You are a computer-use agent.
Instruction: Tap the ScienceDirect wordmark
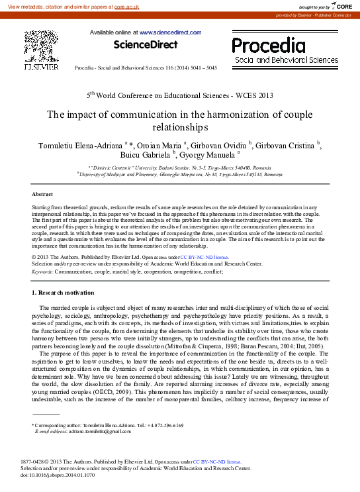click(146, 45)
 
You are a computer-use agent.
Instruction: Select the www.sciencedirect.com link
click(162, 32)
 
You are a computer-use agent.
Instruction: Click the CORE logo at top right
click(341, 5)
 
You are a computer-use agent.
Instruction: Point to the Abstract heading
click(42, 194)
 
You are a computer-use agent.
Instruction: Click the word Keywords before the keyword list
click(43, 271)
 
